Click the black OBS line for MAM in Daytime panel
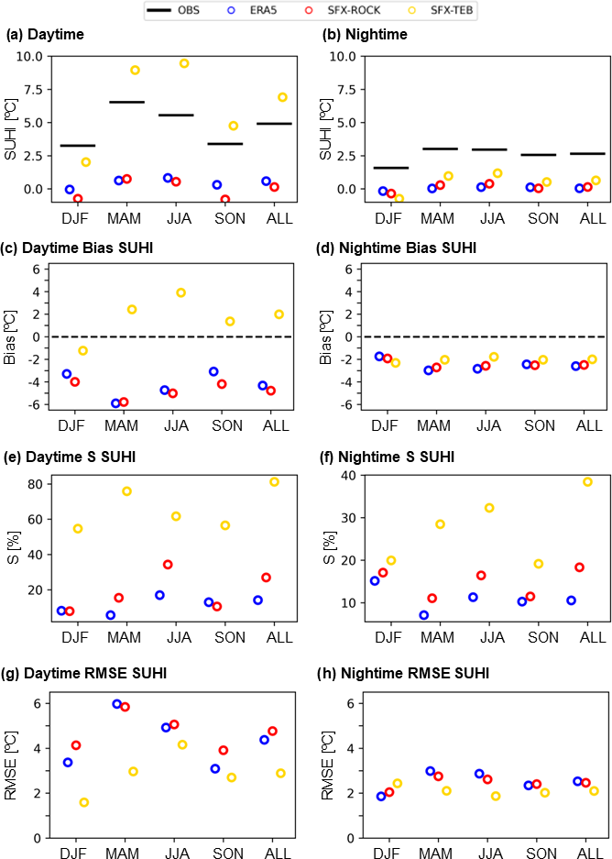tap(126, 102)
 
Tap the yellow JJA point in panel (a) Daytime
tap(184, 63)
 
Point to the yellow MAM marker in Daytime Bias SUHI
tap(132, 310)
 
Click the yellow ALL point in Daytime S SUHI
tap(274, 482)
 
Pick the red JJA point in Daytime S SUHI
tap(168, 565)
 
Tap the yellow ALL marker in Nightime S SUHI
tap(588, 482)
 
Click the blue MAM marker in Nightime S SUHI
tap(424, 615)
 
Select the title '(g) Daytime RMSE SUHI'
tap(86, 673)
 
